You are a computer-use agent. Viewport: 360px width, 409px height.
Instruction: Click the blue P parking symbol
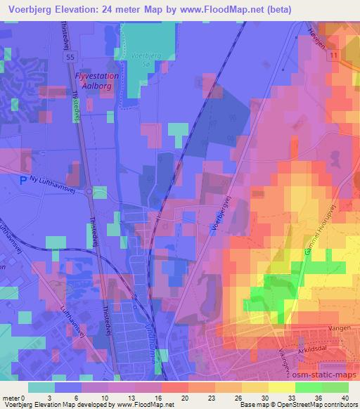[23, 180]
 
